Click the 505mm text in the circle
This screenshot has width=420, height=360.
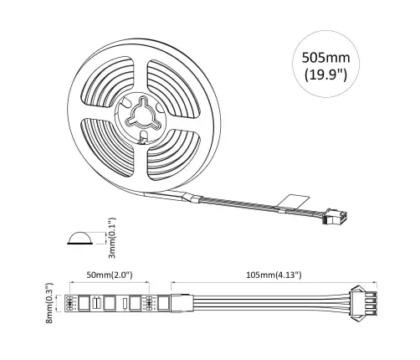point(328,60)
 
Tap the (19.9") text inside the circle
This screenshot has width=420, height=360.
point(328,81)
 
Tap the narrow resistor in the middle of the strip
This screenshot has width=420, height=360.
point(125,302)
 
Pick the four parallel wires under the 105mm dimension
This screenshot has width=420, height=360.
point(259,302)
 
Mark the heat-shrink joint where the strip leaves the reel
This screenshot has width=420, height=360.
point(191,198)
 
